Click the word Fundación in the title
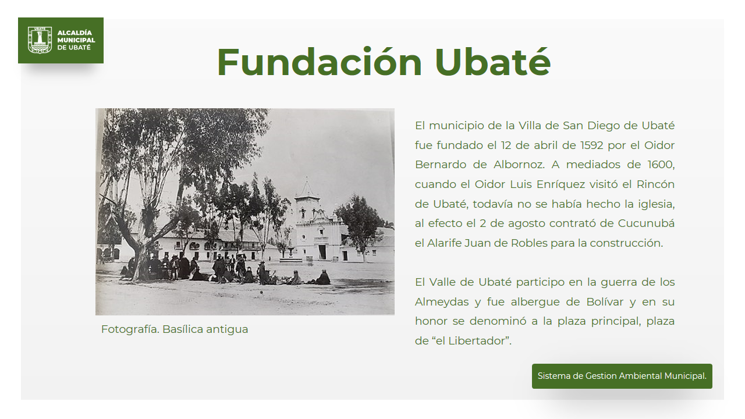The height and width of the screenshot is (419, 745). (320, 62)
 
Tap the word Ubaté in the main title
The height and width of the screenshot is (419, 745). (493, 62)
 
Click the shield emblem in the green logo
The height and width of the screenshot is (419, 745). (40, 40)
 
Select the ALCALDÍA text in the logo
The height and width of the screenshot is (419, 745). (74, 33)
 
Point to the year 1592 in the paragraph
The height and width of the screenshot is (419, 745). (592, 145)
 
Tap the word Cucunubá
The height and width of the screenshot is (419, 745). (646, 223)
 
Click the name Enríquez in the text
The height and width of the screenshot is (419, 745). (560, 184)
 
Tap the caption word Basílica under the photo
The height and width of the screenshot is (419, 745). (183, 329)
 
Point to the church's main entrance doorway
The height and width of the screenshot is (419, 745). (322, 252)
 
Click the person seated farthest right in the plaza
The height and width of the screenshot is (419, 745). (322, 278)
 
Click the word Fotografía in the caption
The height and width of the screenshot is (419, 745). (130, 329)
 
